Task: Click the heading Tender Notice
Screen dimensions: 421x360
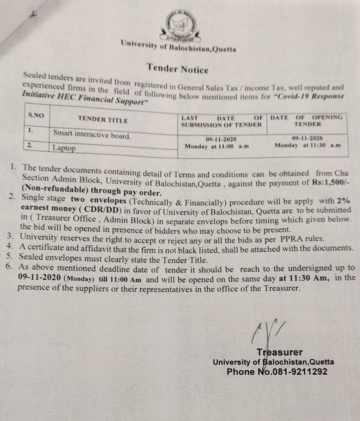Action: tap(178, 68)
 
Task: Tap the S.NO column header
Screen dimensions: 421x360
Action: tap(36, 115)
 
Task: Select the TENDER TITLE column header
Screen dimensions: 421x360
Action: tap(103, 119)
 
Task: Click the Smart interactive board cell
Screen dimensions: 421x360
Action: tap(92, 135)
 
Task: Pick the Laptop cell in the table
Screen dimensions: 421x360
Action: tap(64, 148)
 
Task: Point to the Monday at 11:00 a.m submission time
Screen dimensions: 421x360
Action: tap(217, 146)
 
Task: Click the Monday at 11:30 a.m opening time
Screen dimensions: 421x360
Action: tap(307, 145)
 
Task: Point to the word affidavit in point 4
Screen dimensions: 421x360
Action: tap(93, 248)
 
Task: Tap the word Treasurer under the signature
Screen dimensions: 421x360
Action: tap(279, 352)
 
